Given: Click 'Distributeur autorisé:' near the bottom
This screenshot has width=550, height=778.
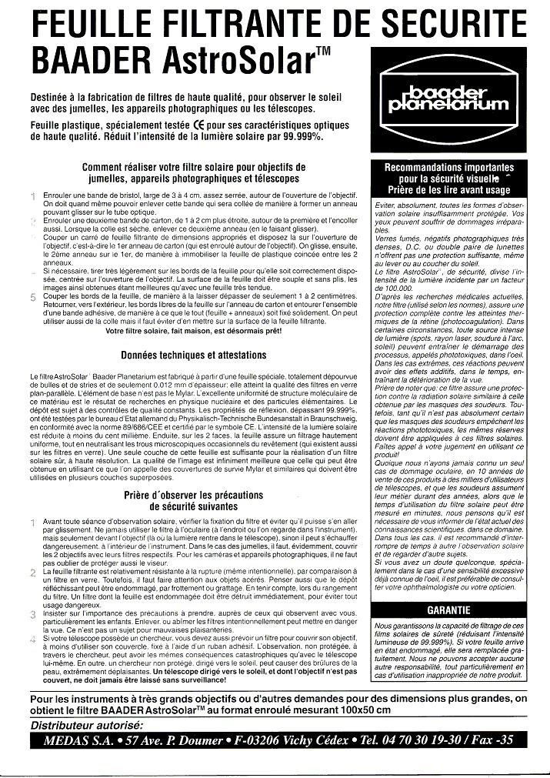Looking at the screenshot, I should pos(87,724).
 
